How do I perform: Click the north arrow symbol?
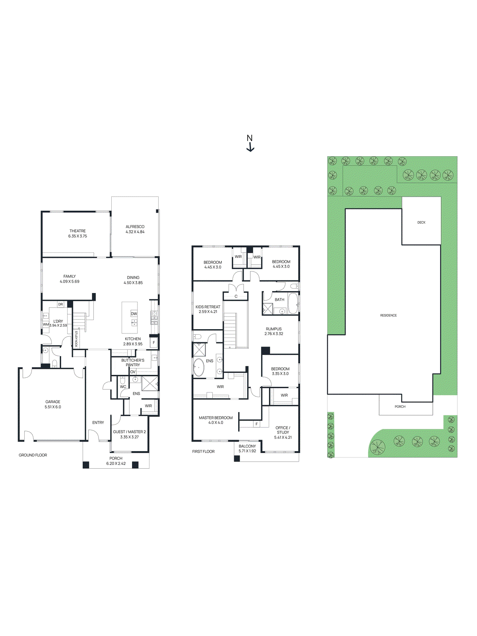[250, 144]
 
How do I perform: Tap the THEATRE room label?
[78, 231]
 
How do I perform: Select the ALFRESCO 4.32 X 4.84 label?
[135, 229]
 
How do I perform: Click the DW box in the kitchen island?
[134, 314]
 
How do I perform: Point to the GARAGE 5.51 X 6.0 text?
[53, 404]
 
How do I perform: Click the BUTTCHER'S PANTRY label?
[133, 363]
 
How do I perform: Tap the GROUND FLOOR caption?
[33, 455]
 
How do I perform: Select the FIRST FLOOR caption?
[203, 452]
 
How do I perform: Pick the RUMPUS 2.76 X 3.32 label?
[274, 331]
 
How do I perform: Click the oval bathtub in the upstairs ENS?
[199, 367]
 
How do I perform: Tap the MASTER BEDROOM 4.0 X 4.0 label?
[216, 420]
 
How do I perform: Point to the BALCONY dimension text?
[247, 451]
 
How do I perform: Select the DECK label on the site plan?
[421, 223]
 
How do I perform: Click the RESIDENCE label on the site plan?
[388, 316]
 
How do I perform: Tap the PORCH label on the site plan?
[400, 407]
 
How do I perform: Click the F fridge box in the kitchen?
[154, 343]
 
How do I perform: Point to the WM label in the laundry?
[46, 325]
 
